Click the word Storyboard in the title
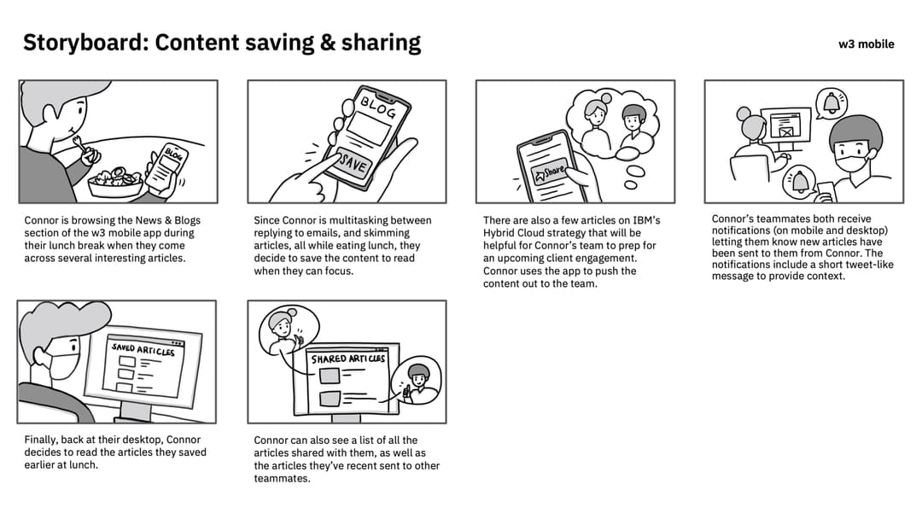85,43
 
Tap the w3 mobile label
867,44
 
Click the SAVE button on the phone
352,162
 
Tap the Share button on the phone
550,172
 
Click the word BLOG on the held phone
379,107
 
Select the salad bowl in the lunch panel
116,182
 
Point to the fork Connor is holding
85,150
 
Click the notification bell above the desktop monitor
832,103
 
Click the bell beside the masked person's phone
800,181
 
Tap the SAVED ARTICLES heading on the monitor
143,350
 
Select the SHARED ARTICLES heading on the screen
348,359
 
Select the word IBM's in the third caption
646,220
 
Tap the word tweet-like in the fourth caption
868,265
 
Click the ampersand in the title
328,43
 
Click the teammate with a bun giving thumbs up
284,331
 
